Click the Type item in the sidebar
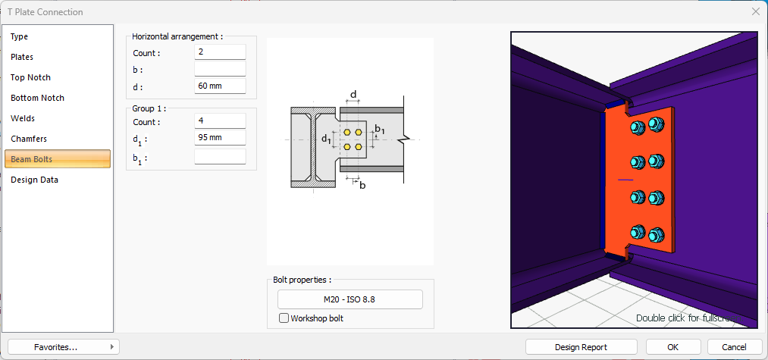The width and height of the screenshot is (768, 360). pyautogui.click(x=20, y=36)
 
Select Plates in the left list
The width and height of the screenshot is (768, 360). pyautogui.click(x=22, y=57)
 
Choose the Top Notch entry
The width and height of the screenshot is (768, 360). pyautogui.click(x=30, y=77)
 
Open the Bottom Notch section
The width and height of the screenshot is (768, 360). pyautogui.click(x=37, y=98)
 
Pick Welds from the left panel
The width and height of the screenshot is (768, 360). pyautogui.click(x=23, y=118)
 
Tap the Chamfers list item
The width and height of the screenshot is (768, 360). pyautogui.click(x=29, y=139)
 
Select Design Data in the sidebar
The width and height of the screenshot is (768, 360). pyautogui.click(x=34, y=180)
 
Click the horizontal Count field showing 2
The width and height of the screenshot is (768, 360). pyautogui.click(x=220, y=52)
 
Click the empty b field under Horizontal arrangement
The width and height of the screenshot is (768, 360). pyautogui.click(x=220, y=69)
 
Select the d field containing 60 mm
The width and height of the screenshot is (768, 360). pyautogui.click(x=220, y=86)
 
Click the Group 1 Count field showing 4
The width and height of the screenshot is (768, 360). pyautogui.click(x=220, y=121)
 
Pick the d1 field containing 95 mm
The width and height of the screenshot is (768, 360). pyautogui.click(x=220, y=137)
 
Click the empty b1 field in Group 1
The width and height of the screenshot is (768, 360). pyautogui.click(x=220, y=157)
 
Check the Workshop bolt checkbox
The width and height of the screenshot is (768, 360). pyautogui.click(x=284, y=318)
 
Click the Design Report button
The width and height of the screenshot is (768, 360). pyautogui.click(x=581, y=347)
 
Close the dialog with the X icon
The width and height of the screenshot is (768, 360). pyautogui.click(x=755, y=11)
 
